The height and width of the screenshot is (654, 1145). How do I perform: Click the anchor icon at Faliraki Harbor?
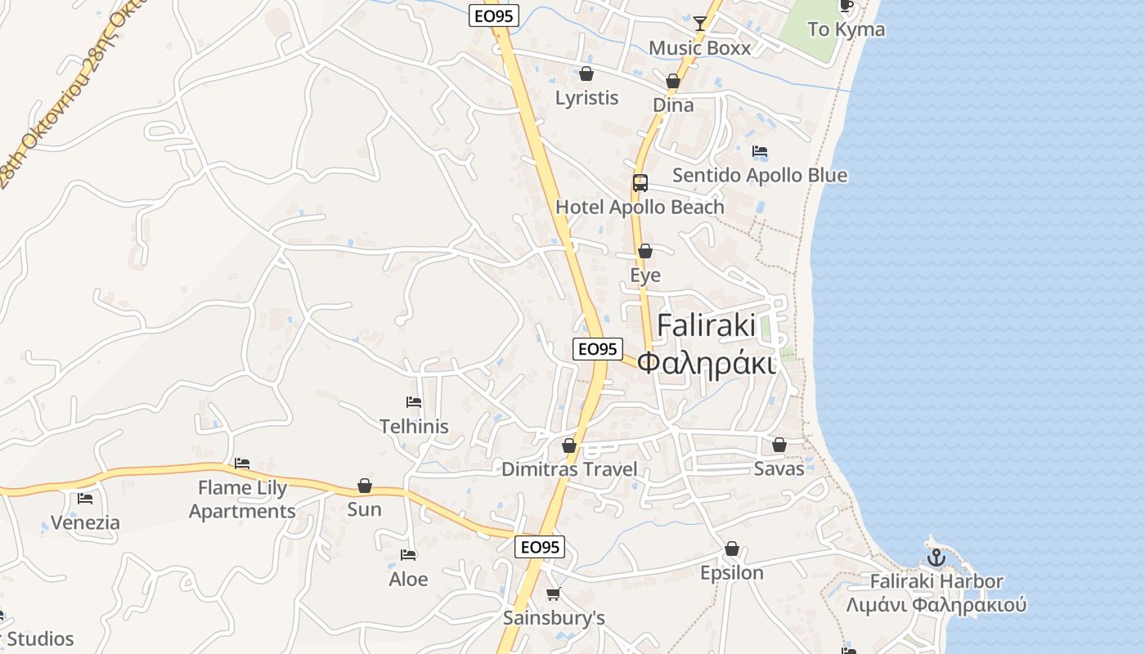coord(936,558)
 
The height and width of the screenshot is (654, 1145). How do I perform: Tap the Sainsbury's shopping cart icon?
coord(554,594)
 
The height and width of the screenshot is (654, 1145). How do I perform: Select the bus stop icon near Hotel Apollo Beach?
coord(640,183)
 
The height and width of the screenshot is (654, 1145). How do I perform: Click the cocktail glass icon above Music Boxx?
coord(700,23)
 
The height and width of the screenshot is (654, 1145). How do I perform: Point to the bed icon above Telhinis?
coord(414,402)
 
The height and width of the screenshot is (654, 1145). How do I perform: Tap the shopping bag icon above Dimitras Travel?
coord(569,446)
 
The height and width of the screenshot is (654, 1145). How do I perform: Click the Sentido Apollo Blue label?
coord(760,175)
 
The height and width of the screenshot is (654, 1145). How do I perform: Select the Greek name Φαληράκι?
coord(707,362)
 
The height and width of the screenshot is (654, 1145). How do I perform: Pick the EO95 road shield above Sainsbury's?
coord(540,547)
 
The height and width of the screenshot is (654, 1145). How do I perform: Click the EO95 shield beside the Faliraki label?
coord(597,349)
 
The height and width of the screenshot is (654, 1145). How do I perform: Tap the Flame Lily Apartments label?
coord(242,499)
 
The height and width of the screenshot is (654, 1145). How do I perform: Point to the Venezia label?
coord(85,522)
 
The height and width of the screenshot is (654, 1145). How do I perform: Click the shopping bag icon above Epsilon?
coord(732,549)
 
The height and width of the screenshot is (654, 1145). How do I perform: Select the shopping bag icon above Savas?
coord(779,445)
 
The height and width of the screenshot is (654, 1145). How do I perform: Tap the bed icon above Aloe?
coord(408,555)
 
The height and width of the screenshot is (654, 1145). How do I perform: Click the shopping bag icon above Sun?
coord(365,486)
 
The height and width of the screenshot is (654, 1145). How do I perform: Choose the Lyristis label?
coord(586,98)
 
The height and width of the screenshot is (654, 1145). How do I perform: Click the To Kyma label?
coord(846,29)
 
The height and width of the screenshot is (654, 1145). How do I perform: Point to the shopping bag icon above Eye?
coord(645,251)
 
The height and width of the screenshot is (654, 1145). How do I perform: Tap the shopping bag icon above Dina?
coord(673,81)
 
